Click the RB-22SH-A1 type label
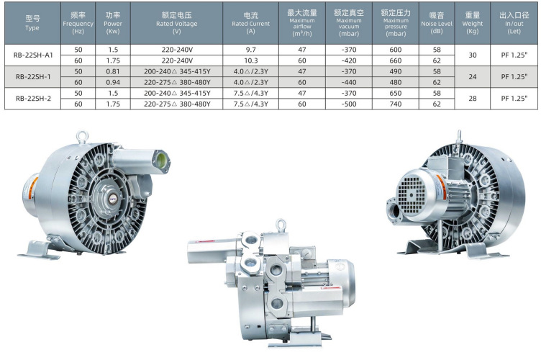[33, 55]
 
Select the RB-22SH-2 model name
[33, 99]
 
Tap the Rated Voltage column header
[177, 24]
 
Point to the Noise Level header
[437, 23]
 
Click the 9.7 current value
[251, 50]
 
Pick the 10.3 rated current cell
[251, 60]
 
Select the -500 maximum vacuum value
[348, 104]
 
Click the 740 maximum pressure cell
[396, 104]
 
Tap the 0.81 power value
[113, 71]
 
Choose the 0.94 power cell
[113, 82]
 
